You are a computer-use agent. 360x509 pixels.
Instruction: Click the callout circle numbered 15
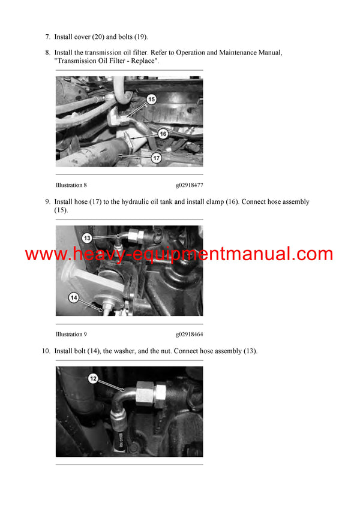[x=151, y=99]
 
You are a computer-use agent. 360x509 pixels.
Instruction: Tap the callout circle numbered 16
[x=163, y=134]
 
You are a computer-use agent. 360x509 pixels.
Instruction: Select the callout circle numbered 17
[x=156, y=158]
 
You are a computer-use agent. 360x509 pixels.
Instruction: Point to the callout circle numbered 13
[x=87, y=238]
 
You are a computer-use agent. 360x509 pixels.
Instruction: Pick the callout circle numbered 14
[x=74, y=298]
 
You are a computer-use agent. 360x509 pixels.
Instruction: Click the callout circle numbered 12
[x=93, y=378]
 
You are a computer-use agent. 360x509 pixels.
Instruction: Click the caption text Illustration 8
[x=71, y=185]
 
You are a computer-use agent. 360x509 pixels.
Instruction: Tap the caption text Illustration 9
[x=71, y=335]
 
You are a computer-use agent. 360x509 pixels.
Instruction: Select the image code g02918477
[x=190, y=185]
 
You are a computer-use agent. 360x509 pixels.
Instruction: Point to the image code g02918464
[x=190, y=335]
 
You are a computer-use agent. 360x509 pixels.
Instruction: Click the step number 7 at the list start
[x=48, y=37]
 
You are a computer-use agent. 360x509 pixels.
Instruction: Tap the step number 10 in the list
[x=46, y=351]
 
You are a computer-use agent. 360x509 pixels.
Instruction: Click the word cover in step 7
[x=81, y=37]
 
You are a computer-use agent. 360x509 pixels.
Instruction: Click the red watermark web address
[x=179, y=254]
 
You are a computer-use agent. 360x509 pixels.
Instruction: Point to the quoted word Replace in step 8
[x=143, y=61]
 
